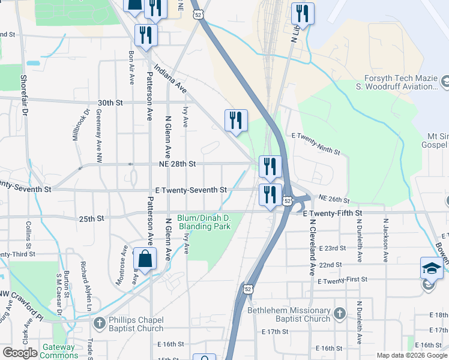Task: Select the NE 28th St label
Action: click(x=176, y=163)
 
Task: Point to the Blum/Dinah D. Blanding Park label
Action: click(x=204, y=222)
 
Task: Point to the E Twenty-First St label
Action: click(x=342, y=281)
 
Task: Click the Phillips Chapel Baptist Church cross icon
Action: click(x=100, y=323)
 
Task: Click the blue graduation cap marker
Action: click(x=432, y=267)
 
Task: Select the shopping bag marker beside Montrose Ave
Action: click(x=145, y=259)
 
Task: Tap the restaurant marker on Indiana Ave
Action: click(x=236, y=120)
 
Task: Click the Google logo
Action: click(x=20, y=353)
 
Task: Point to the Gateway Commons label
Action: click(x=58, y=351)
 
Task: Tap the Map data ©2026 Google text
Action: click(x=412, y=355)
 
